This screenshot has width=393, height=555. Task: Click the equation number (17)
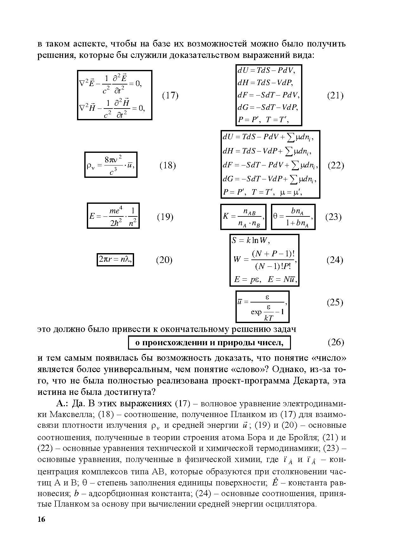tap(170, 96)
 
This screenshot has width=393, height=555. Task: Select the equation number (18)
tap(167, 165)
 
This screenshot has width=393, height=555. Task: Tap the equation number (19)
tap(165, 217)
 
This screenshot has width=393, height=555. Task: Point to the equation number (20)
tap(164, 260)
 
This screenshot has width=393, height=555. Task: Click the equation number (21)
tap(335, 96)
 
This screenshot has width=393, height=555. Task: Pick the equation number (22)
tap(336, 165)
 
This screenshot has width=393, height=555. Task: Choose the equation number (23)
tap(333, 217)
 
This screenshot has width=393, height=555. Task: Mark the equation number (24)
tap(335, 260)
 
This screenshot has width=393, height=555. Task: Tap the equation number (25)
tap(335, 302)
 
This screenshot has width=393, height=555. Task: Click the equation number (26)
tap(336, 342)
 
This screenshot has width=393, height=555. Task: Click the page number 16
tap(41, 520)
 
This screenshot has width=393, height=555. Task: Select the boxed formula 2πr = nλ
tap(115, 260)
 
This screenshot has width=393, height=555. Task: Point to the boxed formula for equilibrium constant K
tap(243, 217)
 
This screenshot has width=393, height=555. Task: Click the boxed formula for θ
tap(293, 217)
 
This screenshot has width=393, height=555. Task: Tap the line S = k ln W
tap(251, 240)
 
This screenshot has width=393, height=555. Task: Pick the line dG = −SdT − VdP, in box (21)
tap(268, 108)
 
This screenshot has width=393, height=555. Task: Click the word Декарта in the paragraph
tap(309, 381)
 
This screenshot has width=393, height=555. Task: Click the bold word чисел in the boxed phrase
tap(271, 343)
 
